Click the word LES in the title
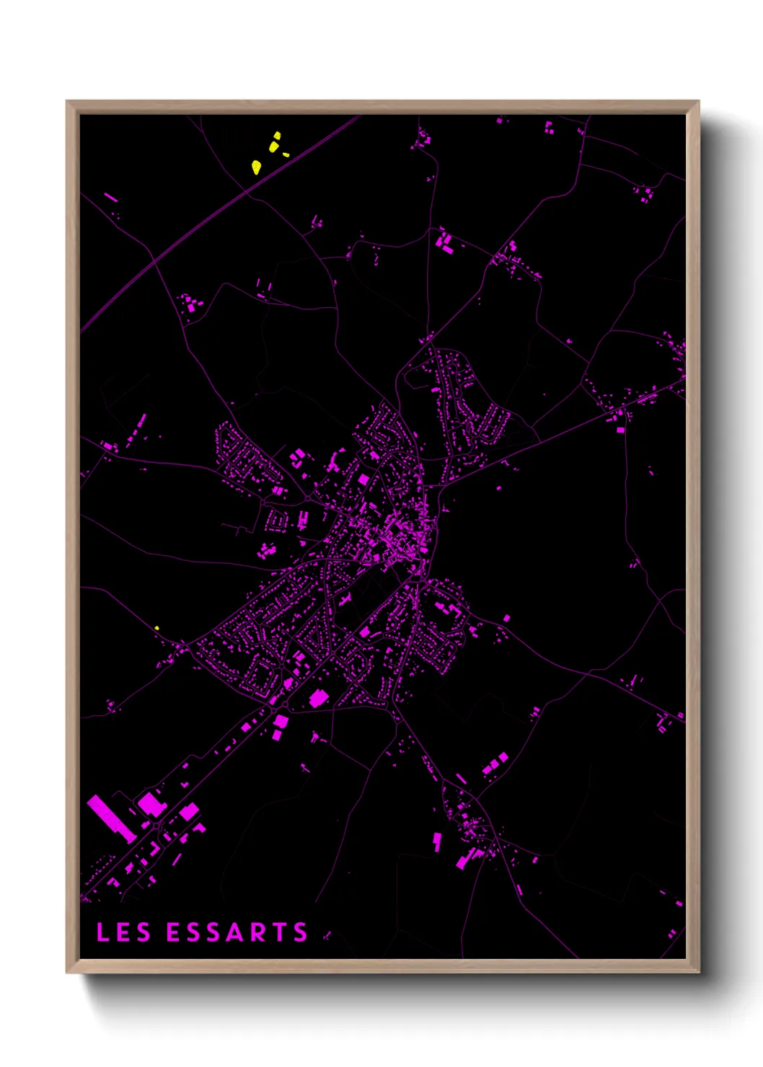point(123,932)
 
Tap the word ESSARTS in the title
point(237,932)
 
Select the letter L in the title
point(102,932)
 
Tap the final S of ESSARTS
point(301,932)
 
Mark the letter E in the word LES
point(123,932)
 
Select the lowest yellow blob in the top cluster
point(256,167)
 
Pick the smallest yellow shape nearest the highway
point(286,154)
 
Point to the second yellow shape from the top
point(274,146)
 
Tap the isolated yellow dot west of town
point(156,628)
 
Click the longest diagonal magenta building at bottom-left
point(111,818)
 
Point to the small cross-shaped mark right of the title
point(327,935)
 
